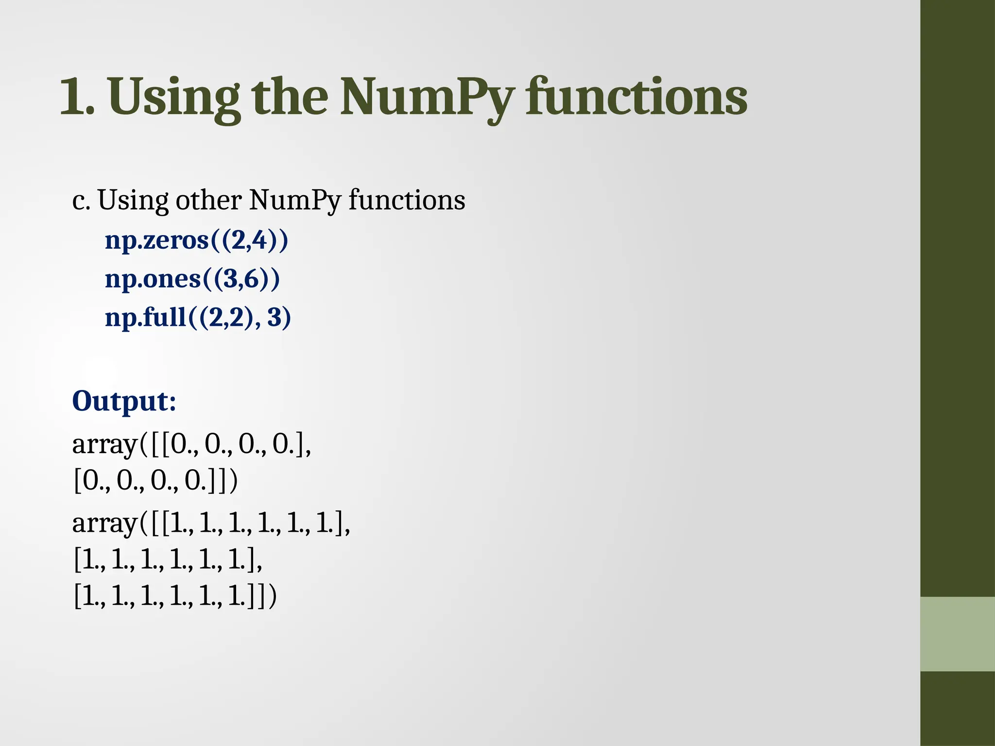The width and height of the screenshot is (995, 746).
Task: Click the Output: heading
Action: (x=124, y=401)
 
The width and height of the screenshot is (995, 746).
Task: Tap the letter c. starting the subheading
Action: (x=81, y=200)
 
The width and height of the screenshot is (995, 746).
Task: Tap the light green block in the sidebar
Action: (x=957, y=634)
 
